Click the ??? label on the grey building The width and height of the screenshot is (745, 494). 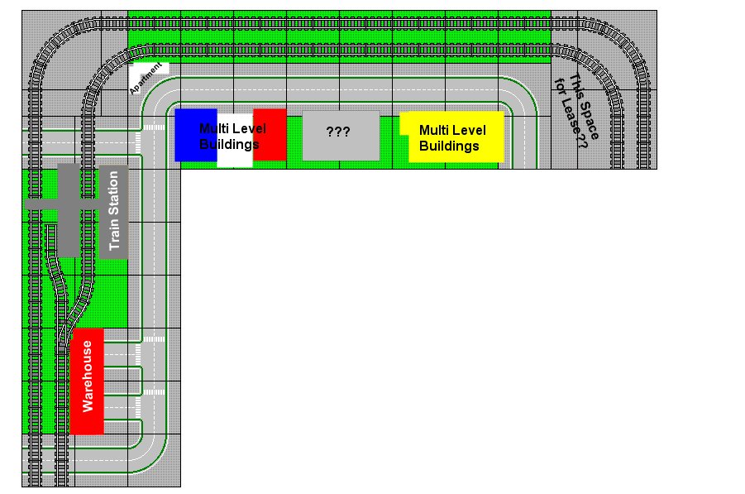(x=338, y=132)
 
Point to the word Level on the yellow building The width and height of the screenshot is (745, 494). (x=470, y=130)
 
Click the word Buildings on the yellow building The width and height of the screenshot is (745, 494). (x=449, y=146)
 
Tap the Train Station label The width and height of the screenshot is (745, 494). (x=114, y=211)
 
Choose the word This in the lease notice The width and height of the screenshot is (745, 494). (x=574, y=86)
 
